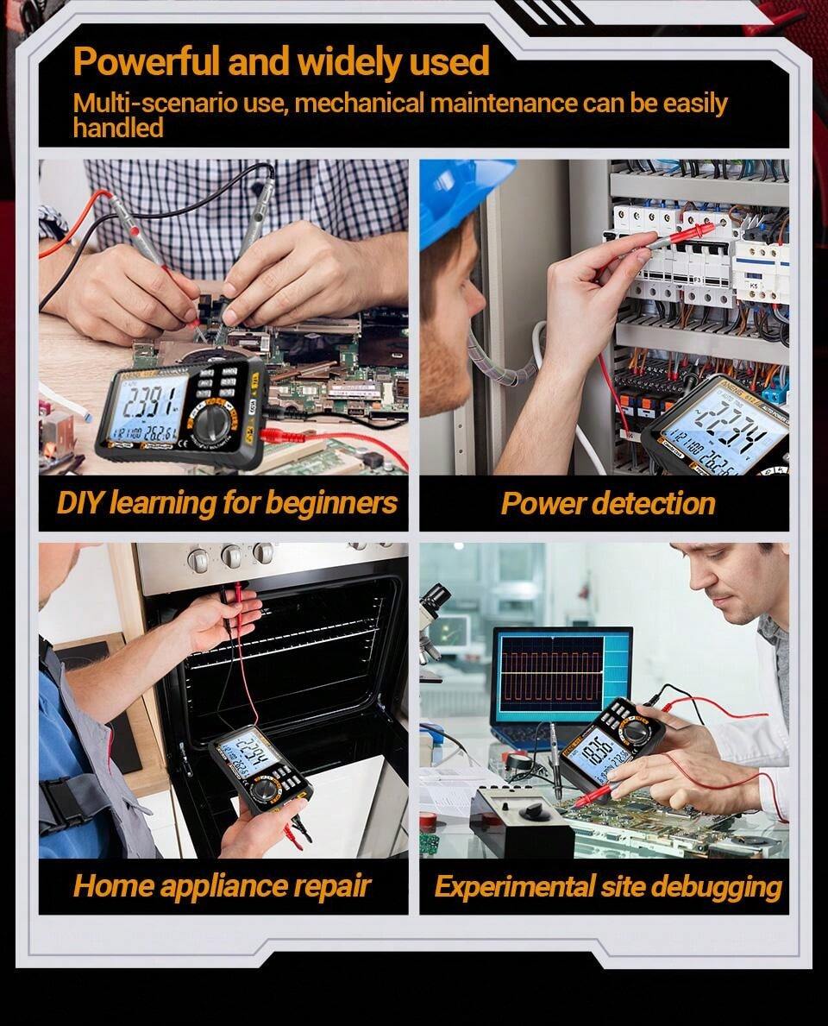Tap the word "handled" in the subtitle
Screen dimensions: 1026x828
(118, 129)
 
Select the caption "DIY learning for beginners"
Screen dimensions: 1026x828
(227, 503)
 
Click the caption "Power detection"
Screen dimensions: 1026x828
(608, 503)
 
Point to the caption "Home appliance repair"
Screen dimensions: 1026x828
(222, 885)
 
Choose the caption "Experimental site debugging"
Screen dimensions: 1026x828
(608, 886)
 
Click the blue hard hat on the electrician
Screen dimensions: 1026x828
(461, 198)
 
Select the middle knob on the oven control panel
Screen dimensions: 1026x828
(231, 557)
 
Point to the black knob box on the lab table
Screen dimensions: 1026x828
(521, 819)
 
